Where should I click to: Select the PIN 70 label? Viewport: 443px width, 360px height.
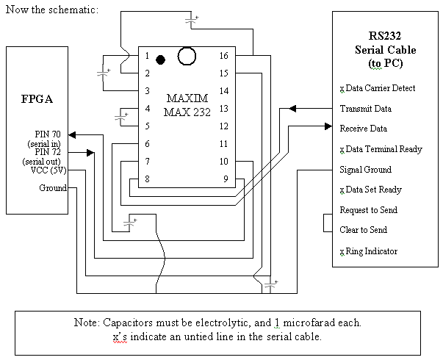coord(48,134)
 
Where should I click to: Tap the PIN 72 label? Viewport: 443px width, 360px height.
coord(48,152)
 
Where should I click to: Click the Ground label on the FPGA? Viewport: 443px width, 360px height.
coord(53,188)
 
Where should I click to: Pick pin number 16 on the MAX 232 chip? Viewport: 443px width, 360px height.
coord(224,56)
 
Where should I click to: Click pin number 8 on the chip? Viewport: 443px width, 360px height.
coord(147,179)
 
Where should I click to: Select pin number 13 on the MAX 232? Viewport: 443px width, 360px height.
coord(224,108)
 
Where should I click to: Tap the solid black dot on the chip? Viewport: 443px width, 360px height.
coord(160,58)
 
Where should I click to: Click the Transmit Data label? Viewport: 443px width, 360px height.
coord(366,109)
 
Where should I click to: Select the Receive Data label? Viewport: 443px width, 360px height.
coord(364,129)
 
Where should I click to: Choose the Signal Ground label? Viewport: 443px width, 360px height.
coord(366,170)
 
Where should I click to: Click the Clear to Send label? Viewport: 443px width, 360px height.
coord(364,230)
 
